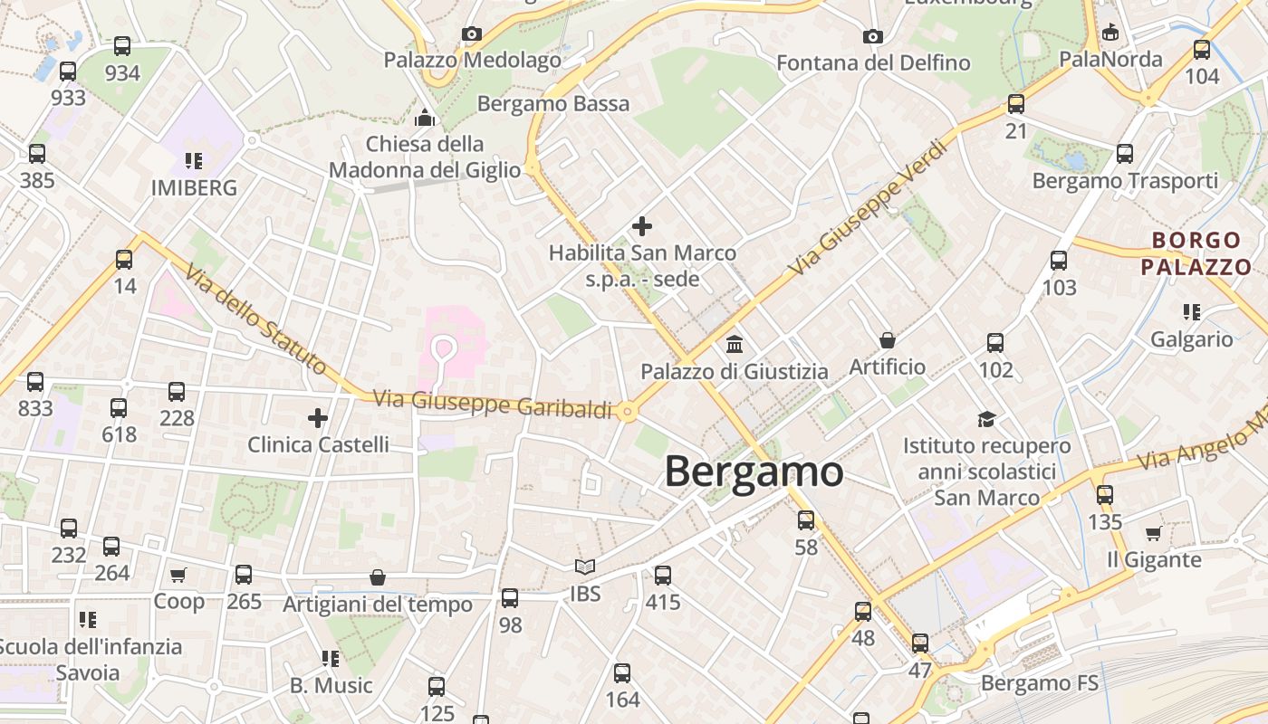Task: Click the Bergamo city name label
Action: pyautogui.click(x=754, y=472)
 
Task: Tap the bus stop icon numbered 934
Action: pyautogui.click(x=122, y=46)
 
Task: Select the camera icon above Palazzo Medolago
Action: pyautogui.click(x=471, y=34)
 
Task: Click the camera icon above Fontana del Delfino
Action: pyautogui.click(x=872, y=36)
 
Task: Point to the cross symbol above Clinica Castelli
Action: pyautogui.click(x=317, y=418)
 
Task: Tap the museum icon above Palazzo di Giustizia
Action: pyautogui.click(x=735, y=345)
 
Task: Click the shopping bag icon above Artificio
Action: pyautogui.click(x=888, y=340)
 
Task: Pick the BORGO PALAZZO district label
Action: pyautogui.click(x=1196, y=253)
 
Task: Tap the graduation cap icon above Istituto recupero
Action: pyautogui.click(x=986, y=419)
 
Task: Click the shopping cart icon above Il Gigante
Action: pyautogui.click(x=1153, y=533)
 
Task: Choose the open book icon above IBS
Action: pyautogui.click(x=585, y=567)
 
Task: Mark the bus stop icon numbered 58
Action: pyautogui.click(x=805, y=520)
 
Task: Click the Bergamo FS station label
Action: pyautogui.click(x=1040, y=682)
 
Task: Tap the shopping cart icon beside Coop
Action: pyautogui.click(x=178, y=575)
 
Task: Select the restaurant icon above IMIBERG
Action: pyautogui.click(x=193, y=161)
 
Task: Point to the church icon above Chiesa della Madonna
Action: pyautogui.click(x=425, y=118)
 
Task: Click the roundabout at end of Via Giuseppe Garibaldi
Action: pyautogui.click(x=627, y=413)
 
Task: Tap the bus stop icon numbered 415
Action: pyautogui.click(x=663, y=575)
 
